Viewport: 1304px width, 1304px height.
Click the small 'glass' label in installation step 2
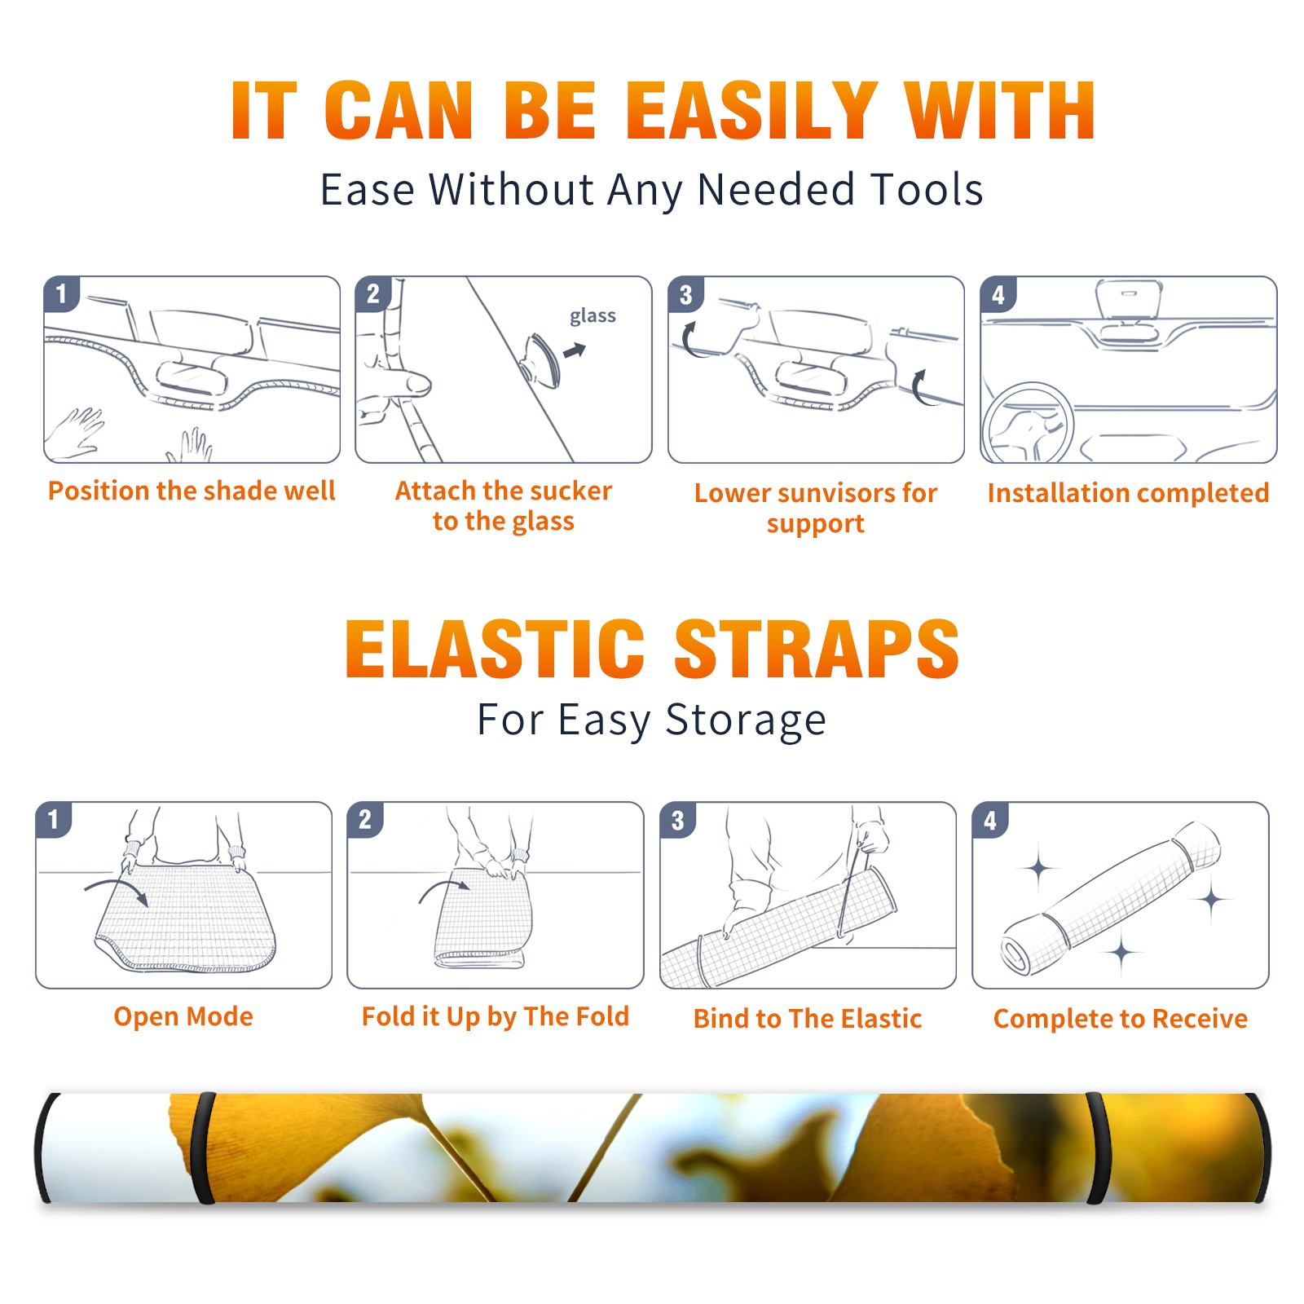tap(593, 316)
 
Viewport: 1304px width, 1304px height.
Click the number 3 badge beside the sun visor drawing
tap(685, 295)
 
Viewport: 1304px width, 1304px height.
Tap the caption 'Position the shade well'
tap(192, 491)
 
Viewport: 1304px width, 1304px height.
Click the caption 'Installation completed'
tap(1128, 492)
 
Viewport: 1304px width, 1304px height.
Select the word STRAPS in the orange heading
tap(817, 649)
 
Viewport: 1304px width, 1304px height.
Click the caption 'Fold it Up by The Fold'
tap(496, 1016)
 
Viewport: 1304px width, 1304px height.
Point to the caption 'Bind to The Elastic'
tap(808, 1019)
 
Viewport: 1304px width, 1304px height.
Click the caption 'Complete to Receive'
tap(1121, 1019)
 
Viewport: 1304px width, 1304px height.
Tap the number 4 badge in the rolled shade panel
tap(990, 820)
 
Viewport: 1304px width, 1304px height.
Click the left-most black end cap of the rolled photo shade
tap(45, 1148)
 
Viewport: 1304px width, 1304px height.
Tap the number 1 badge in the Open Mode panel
tap(54, 819)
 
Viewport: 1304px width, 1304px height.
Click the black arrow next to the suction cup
tap(575, 350)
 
